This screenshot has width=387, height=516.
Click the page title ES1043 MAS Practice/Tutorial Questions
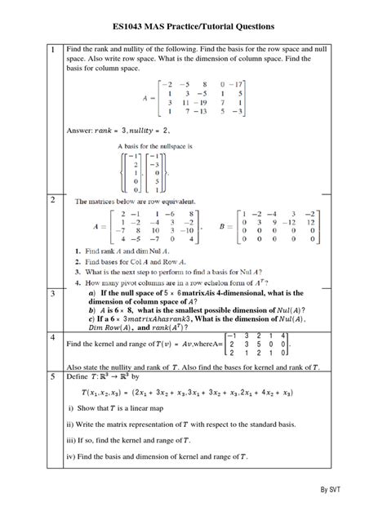click(193, 27)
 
